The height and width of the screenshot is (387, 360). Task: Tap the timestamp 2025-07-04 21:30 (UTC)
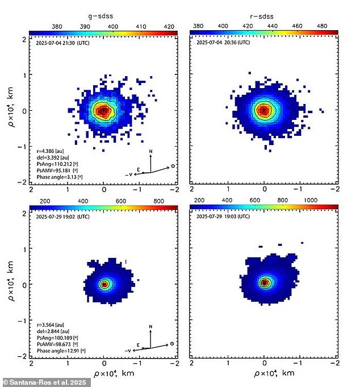[x=58, y=42]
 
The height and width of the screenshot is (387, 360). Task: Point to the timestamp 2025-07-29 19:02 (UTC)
[x=58, y=217]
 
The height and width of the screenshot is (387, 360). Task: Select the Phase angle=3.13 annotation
[x=56, y=178]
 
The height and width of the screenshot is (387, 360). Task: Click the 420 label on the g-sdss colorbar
[x=169, y=26]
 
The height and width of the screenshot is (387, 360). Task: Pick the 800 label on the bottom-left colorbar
[x=159, y=201]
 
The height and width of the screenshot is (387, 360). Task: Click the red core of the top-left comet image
[x=103, y=111]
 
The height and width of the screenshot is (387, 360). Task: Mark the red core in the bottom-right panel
[x=264, y=282]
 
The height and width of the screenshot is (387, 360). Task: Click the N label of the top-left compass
[x=150, y=152]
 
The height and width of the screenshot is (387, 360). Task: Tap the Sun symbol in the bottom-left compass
[x=173, y=343]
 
